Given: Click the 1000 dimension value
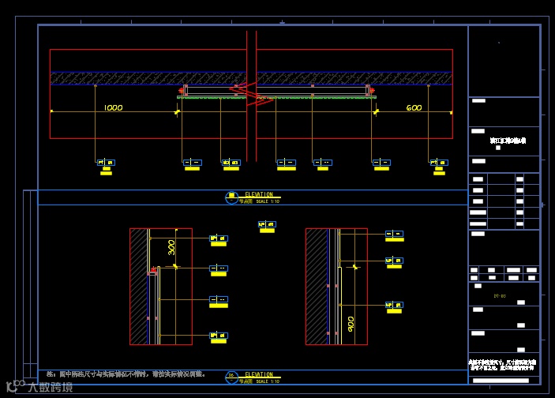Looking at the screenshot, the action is coord(113,107).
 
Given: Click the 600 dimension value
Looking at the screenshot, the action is coord(414,107).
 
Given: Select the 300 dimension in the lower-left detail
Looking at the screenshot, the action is coord(172,248).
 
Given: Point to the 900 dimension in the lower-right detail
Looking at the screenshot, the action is coord(351,324).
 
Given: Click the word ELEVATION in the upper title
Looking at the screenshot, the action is coord(259,194).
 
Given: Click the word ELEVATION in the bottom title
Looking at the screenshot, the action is coord(259,374).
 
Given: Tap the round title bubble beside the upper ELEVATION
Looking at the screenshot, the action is coord(231,198).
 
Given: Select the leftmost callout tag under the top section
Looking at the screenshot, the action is coord(106,163).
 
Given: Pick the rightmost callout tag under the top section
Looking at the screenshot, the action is coord(440,163).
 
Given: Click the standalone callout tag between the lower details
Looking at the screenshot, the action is coord(267,225).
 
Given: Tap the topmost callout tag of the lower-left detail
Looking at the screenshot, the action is coord(218,238).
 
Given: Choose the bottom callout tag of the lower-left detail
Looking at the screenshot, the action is coord(218,336).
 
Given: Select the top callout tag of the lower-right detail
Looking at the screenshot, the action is coord(394,235).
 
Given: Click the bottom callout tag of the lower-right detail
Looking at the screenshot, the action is coord(394,305).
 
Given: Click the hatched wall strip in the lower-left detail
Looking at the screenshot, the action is coord(139,286).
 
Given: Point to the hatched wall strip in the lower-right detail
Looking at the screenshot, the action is coord(317,286).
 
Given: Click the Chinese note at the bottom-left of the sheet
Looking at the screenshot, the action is coord(126,374).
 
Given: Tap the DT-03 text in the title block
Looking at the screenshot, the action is coord(499,296).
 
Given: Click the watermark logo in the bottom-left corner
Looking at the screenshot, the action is coord(39,387).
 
